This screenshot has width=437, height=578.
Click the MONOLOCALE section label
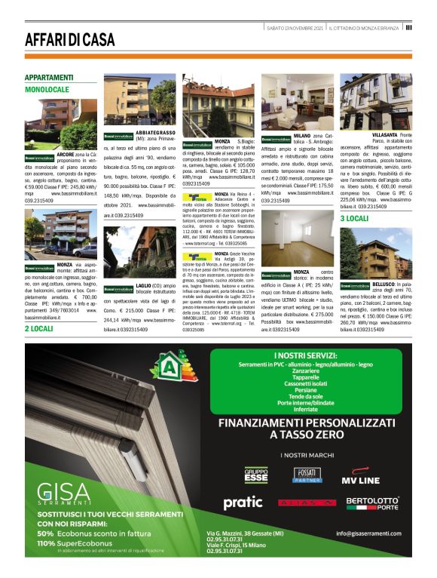click(x=47, y=89)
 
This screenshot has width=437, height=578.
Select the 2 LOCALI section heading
click(x=38, y=329)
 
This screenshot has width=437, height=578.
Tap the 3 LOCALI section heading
click(x=354, y=218)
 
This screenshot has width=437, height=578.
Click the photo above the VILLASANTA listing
click(x=375, y=101)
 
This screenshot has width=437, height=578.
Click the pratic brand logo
click(x=243, y=502)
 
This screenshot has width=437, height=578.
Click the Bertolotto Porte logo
click(x=372, y=503)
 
